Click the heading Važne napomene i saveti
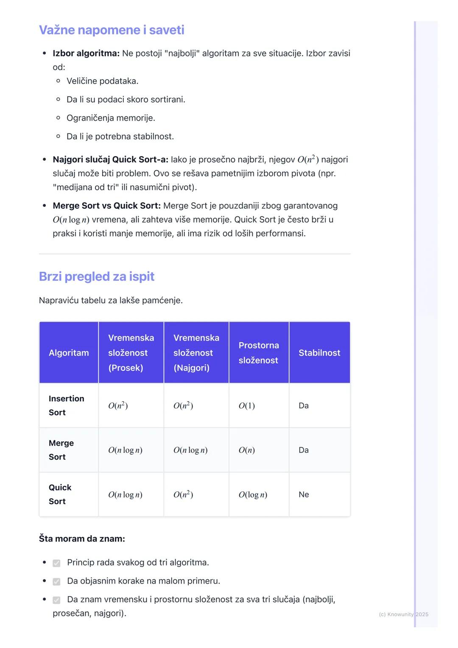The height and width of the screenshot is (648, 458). coord(112,30)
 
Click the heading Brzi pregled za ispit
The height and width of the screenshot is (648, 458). coord(97,277)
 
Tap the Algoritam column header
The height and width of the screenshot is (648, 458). coord(69,353)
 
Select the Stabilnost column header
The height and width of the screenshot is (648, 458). coord(319,353)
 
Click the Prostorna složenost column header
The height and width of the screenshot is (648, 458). coord(258,353)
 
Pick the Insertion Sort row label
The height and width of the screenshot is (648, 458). coord(66,405)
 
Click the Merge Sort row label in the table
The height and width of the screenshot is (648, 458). coord(61,450)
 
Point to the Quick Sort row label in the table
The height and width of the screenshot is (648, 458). coord(60,494)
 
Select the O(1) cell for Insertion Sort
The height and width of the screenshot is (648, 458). coord(247,406)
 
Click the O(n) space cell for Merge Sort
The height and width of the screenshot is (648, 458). coord(247,450)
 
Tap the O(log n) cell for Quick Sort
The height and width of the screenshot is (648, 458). coord(253,495)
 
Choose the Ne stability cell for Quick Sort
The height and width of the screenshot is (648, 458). coord(304,494)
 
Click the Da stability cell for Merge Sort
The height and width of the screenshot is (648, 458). coord(304,450)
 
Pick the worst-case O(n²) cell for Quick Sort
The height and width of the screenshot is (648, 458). coord(183,494)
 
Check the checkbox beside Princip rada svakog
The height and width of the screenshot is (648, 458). coord(56,563)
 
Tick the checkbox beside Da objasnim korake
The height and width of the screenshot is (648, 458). coord(56,581)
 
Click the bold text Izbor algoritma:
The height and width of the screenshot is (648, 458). coord(86,53)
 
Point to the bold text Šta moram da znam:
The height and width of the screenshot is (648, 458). coord(82,539)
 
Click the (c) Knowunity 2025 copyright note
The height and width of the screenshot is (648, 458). coord(403,614)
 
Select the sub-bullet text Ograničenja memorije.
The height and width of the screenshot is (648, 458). coord(111,118)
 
